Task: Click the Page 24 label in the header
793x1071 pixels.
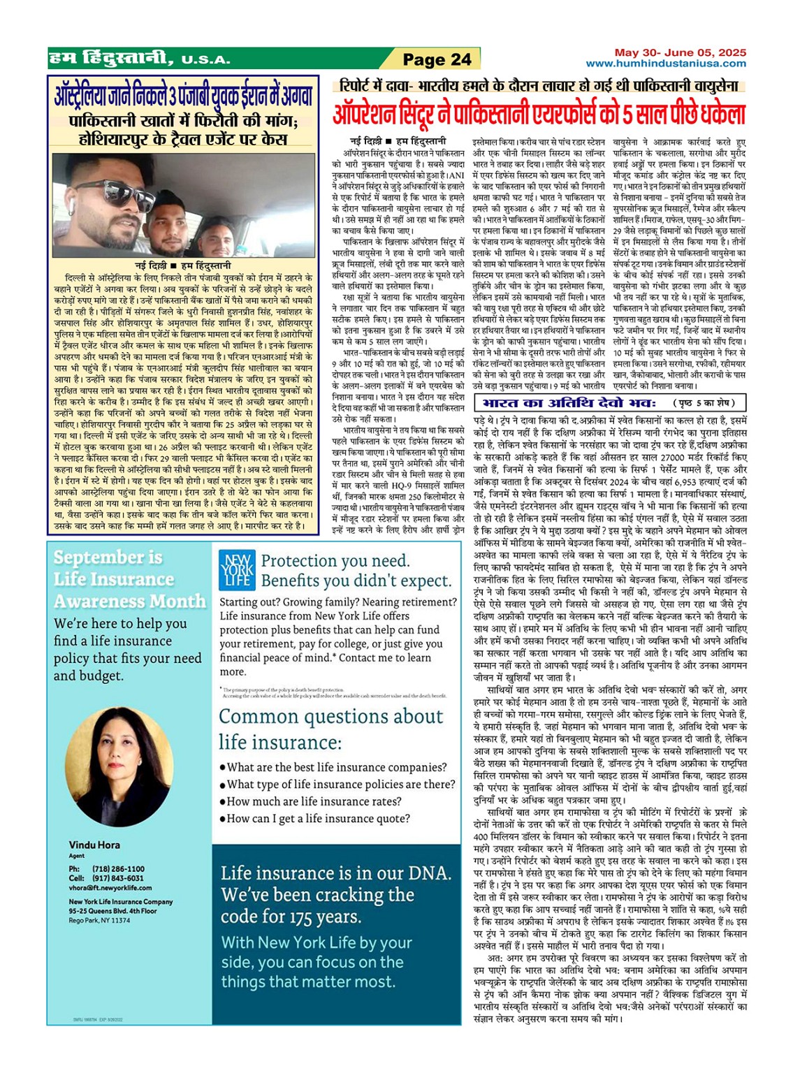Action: [437, 59]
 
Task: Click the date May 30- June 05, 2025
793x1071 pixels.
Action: [680, 52]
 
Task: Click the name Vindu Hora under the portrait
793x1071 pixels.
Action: [94, 845]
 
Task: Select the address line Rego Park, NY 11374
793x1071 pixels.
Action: [99, 920]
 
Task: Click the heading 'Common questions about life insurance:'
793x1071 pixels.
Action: [330, 729]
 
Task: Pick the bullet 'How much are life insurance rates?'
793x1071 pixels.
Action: [314, 801]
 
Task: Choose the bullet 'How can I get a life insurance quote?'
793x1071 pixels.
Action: [318, 819]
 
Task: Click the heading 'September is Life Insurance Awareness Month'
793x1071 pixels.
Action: [129, 579]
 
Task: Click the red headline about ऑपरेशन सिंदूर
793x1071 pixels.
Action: [539, 113]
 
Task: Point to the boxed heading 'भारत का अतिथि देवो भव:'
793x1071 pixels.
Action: [569, 403]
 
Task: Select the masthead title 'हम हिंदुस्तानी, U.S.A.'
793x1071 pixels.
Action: [140, 59]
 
